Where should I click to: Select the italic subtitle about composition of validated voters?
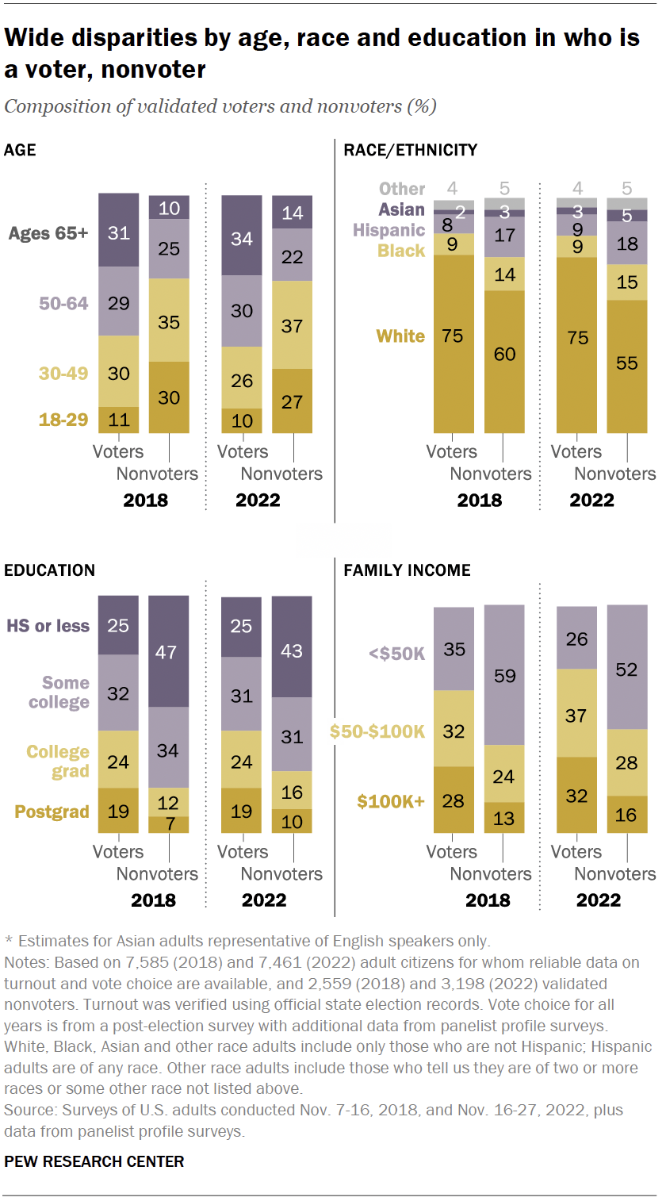pos(220,106)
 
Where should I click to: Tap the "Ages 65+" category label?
pos(48,233)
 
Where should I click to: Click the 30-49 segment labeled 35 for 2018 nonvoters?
pos(169,320)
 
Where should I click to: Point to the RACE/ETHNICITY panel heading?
pos(409,149)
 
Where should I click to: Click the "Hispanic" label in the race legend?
pos(390,230)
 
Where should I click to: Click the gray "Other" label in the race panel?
pos(402,189)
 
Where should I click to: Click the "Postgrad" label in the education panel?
pos(52,812)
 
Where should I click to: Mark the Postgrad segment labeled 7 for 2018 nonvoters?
pos(169,824)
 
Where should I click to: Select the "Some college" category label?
pos(60,692)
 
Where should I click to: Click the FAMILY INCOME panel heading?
pos(406,570)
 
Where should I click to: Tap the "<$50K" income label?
pos(396,654)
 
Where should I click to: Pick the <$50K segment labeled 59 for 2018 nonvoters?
pos(504,675)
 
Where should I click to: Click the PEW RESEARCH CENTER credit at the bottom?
pos(94,1161)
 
